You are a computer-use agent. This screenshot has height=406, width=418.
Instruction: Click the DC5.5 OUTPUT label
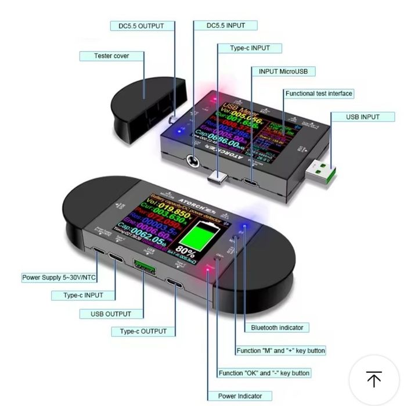(137, 26)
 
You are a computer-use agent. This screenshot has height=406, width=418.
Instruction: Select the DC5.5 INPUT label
(226, 26)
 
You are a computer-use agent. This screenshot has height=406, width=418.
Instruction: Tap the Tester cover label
(111, 56)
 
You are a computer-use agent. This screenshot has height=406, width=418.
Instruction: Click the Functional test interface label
(319, 93)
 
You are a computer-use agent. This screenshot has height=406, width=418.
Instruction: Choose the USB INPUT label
(363, 117)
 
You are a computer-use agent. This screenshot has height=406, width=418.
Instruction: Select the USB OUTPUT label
(111, 314)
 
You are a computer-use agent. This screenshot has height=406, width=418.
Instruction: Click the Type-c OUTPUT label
(143, 331)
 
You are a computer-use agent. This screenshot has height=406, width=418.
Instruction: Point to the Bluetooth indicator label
(277, 327)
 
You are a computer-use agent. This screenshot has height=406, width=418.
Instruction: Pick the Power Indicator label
(240, 396)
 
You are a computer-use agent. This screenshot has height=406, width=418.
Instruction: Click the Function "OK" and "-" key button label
(264, 373)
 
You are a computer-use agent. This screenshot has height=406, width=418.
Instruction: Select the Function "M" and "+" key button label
(280, 351)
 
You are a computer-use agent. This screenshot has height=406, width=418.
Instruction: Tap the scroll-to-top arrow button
(374, 379)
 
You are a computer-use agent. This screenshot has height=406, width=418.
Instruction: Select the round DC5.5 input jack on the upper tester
(192, 161)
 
